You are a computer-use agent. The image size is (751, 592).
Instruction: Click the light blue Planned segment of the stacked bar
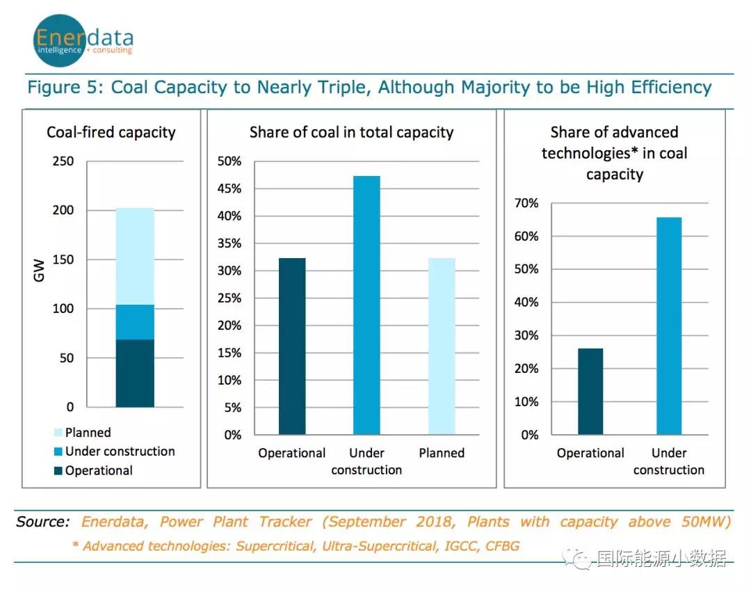135,256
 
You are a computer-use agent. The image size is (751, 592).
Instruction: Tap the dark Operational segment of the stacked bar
135,374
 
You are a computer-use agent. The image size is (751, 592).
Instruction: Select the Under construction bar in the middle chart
366,305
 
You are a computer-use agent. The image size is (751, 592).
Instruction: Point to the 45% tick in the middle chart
230,189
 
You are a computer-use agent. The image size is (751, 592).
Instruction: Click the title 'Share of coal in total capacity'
351,132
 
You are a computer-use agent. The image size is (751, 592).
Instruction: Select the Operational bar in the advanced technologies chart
590,392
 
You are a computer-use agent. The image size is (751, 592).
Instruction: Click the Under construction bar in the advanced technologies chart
669,326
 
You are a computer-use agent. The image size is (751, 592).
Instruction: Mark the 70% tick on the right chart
526,203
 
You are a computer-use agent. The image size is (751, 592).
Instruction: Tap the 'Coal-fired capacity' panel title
111,132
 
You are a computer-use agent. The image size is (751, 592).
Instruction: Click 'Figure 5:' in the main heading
65,88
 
